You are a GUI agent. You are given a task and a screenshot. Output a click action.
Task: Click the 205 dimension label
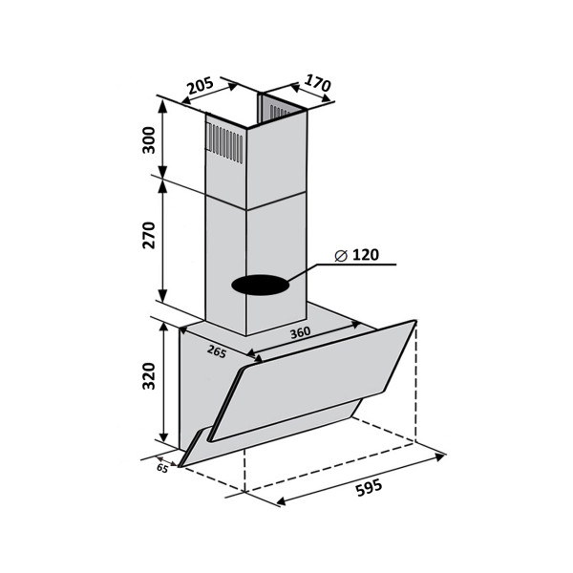tap(201, 85)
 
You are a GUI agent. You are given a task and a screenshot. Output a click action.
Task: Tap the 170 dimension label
tap(317, 83)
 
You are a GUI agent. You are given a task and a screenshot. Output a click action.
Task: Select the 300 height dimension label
tap(149, 140)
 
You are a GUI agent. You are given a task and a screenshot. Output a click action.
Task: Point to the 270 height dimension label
tap(149, 235)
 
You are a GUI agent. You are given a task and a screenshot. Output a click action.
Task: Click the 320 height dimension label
tap(149, 376)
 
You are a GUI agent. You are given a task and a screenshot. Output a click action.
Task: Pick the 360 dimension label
tap(301, 332)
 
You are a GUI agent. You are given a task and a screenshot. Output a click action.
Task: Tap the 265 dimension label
tap(217, 351)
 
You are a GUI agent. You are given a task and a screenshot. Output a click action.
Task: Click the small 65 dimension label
tap(162, 468)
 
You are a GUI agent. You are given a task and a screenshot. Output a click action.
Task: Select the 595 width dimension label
tap(369, 487)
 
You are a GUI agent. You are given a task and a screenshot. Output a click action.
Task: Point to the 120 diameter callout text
tap(366, 255)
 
